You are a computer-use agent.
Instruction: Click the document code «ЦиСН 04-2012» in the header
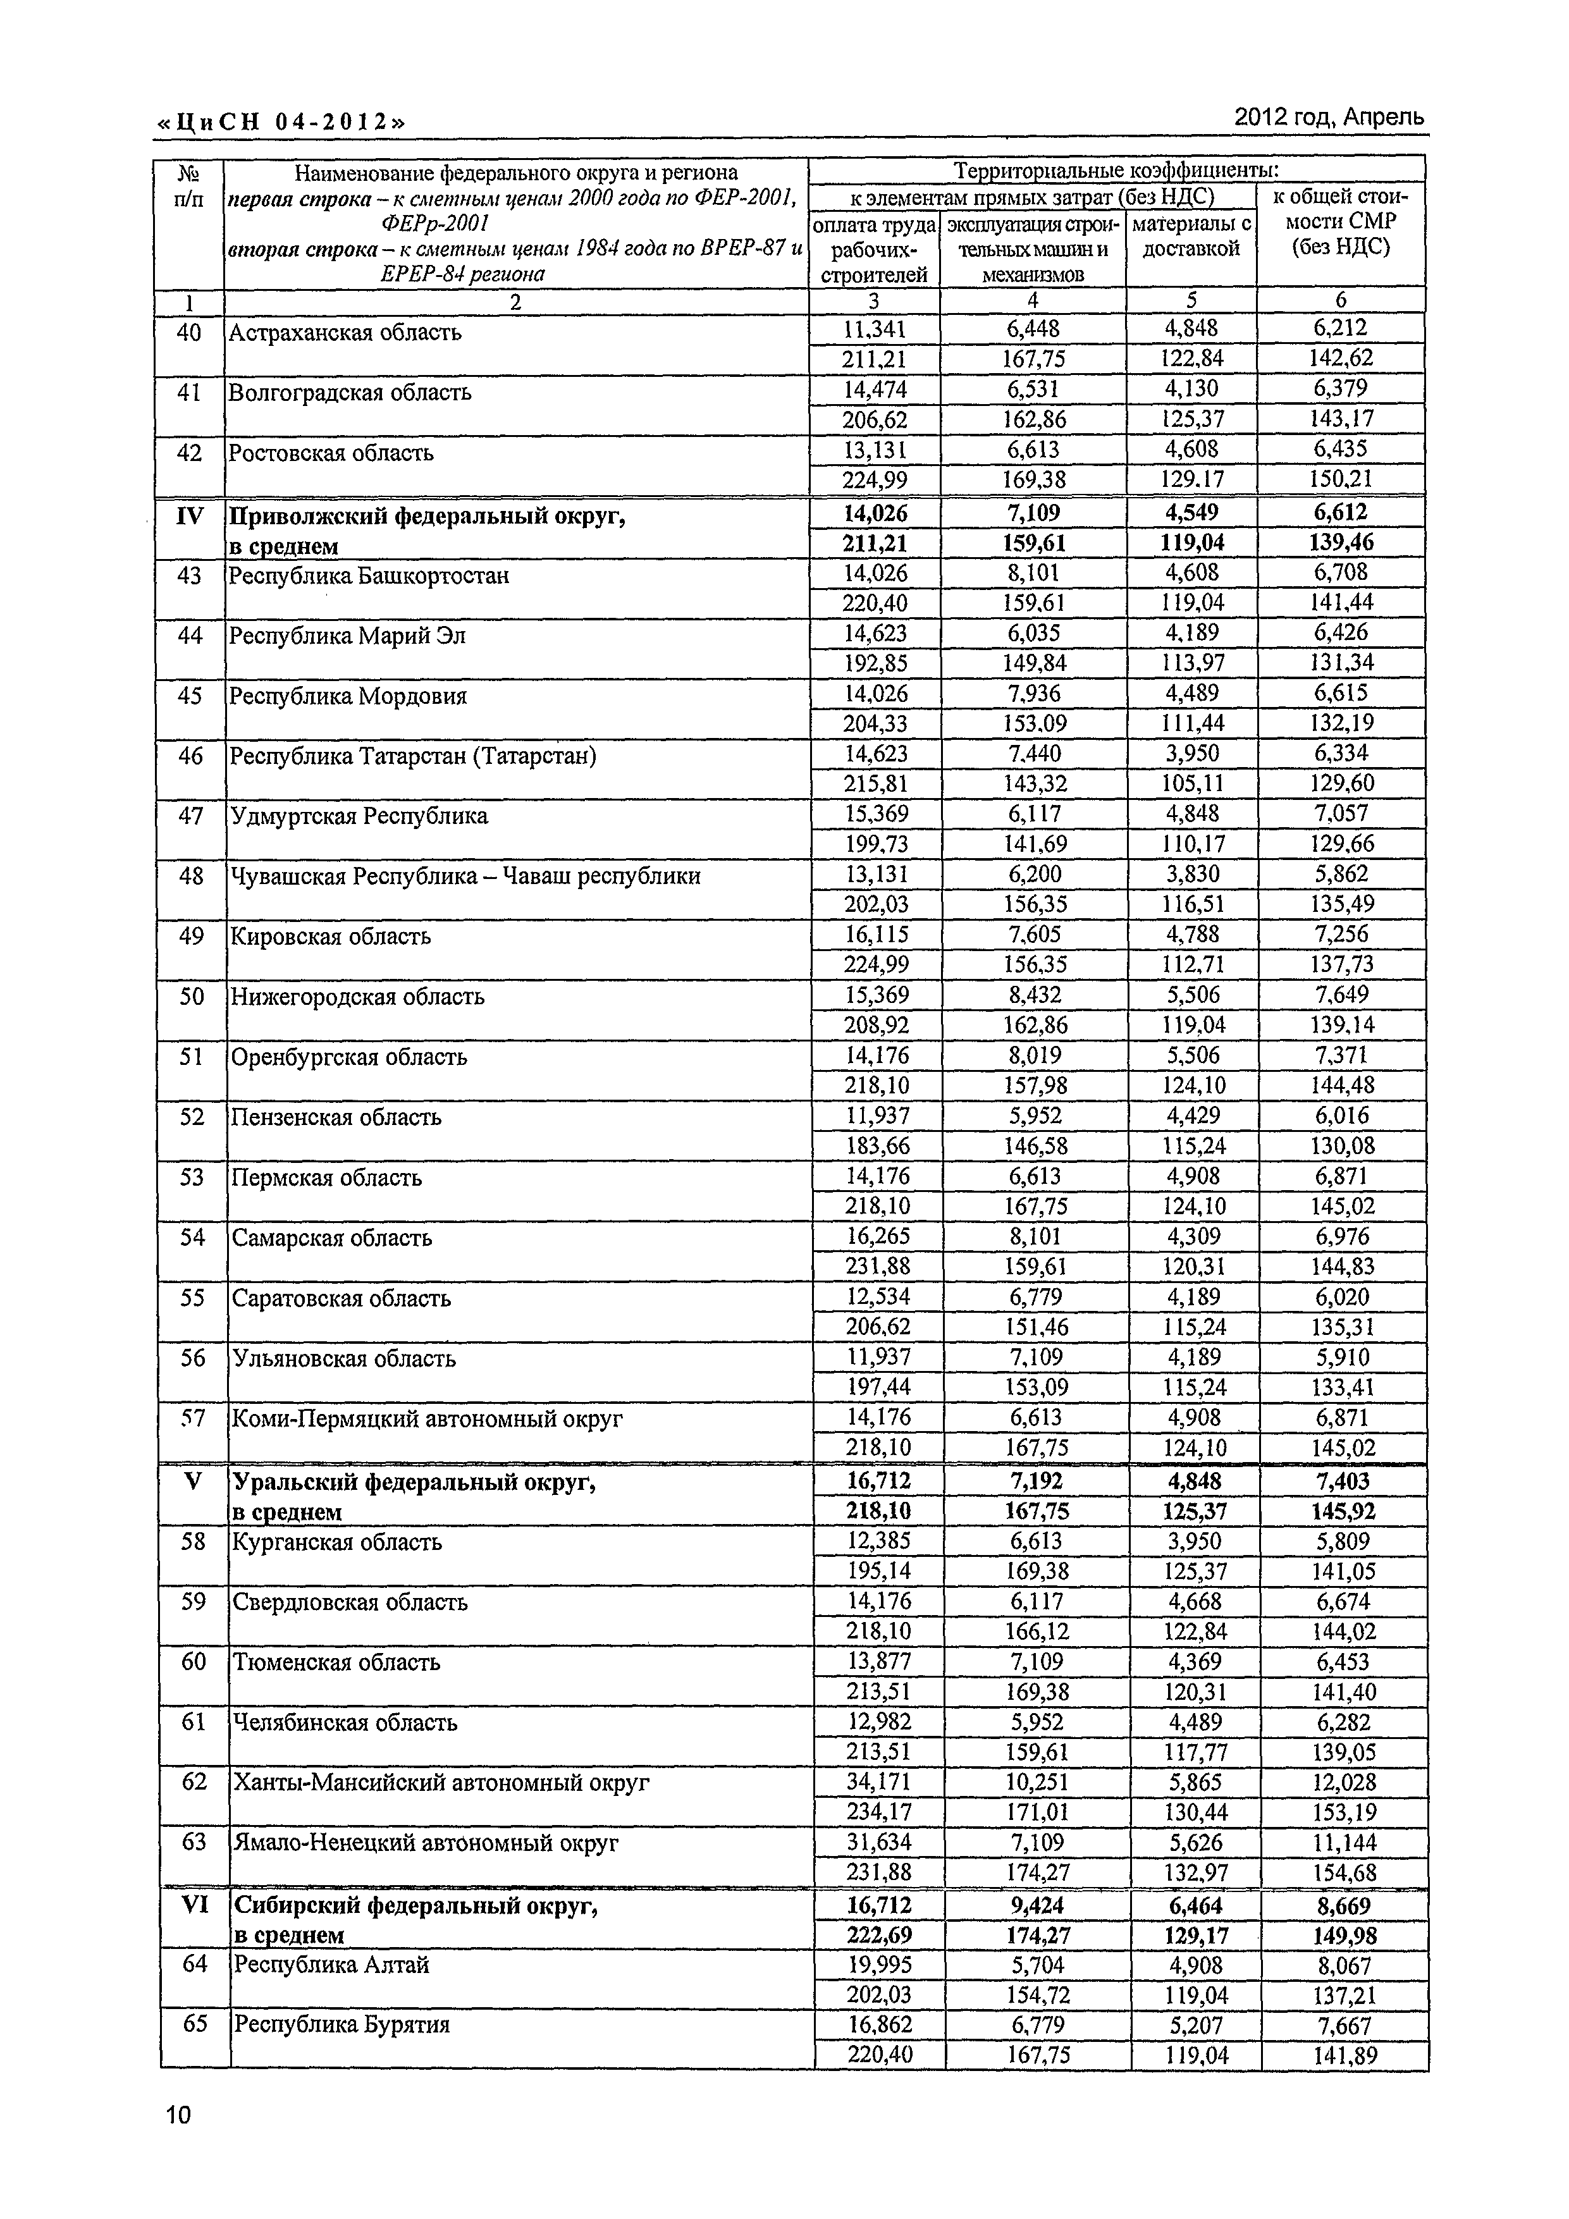[x=280, y=123]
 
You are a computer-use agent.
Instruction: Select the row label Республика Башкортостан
[x=370, y=576]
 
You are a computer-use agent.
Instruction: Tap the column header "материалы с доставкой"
[x=1191, y=237]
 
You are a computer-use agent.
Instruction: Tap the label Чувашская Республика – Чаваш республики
[x=465, y=876]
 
